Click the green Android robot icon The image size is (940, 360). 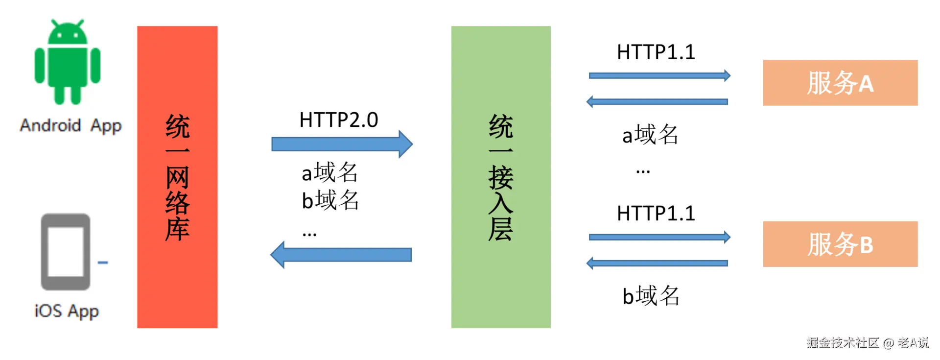67,62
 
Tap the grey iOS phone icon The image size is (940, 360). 66,252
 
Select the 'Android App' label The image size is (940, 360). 70,126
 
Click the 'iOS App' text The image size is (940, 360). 67,311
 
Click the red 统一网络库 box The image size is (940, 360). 177,177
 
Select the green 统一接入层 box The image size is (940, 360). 500,177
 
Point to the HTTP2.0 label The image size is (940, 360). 339,120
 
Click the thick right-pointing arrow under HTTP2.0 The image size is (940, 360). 342,144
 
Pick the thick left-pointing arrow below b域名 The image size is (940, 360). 341,255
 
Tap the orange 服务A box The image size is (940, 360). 840,83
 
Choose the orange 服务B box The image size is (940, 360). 840,244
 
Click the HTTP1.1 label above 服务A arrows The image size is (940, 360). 656,52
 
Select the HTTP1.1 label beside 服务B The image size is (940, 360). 656,214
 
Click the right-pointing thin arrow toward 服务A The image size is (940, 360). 659,76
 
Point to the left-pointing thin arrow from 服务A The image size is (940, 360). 657,102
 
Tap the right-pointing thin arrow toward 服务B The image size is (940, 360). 659,237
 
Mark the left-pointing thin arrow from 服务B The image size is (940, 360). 657,264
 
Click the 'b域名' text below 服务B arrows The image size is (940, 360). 651,296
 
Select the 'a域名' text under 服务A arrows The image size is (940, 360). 650,135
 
